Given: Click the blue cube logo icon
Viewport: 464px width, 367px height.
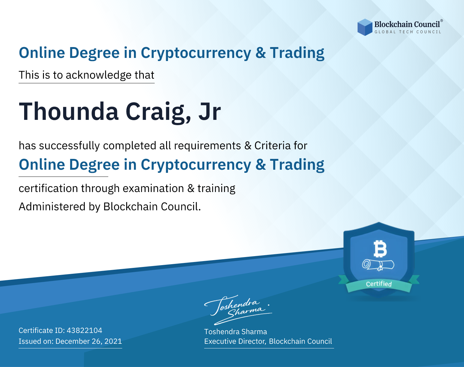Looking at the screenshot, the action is point(365,27).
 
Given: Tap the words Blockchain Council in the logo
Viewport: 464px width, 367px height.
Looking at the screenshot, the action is point(407,24).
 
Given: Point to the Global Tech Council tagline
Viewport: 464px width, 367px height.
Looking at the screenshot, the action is point(408,32).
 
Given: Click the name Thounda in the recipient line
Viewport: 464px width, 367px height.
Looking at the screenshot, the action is point(69,111).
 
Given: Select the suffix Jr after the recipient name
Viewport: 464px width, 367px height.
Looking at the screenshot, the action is point(210,111).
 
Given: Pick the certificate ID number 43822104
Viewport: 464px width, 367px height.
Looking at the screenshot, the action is point(84,330).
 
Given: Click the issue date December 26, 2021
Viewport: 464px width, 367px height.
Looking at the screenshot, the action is point(88,341).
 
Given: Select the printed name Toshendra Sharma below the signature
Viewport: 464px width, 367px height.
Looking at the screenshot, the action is point(235,332).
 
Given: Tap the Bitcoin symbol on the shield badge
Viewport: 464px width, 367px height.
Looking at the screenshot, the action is point(380,249).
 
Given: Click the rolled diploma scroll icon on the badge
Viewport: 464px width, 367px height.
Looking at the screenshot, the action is point(378,265).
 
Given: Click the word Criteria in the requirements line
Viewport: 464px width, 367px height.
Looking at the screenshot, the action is point(272,146).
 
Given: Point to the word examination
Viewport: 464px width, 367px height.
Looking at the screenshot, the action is point(153,188).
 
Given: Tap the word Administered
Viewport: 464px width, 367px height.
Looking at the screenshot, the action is point(52,207).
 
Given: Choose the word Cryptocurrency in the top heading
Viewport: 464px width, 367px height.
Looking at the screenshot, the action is point(196,53).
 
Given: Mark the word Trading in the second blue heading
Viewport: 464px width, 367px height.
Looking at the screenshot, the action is point(297,165).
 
